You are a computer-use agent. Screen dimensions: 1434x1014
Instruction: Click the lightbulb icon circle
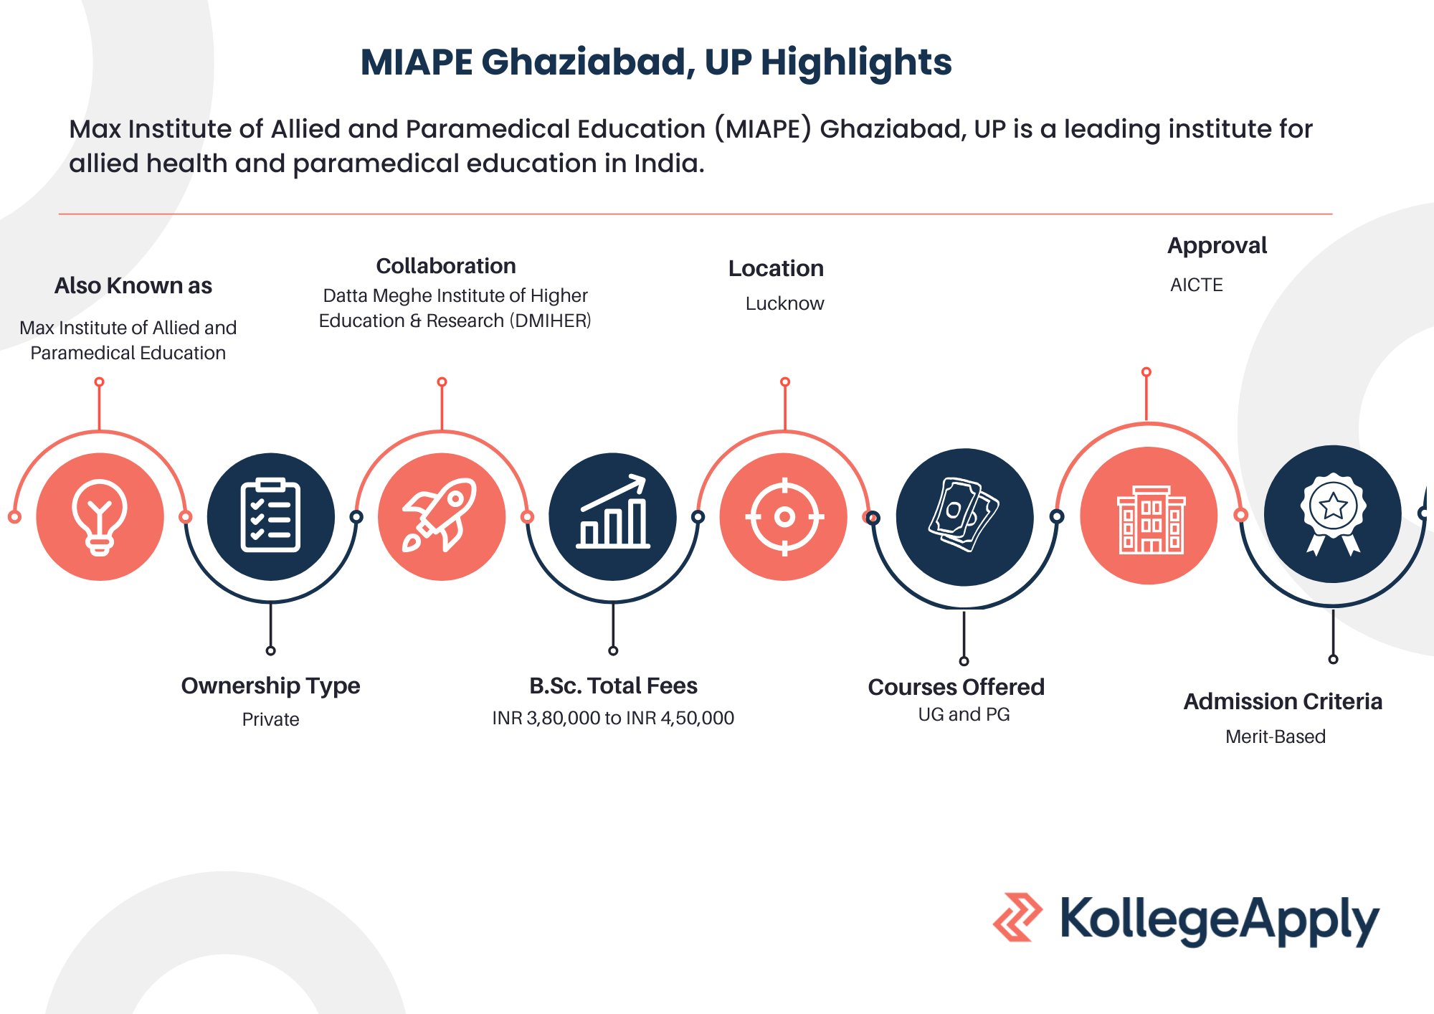(100, 516)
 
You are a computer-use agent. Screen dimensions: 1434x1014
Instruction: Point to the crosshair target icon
(784, 516)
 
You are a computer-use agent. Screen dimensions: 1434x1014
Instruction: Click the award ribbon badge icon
(1333, 514)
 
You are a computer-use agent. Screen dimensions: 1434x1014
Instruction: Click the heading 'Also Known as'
(133, 285)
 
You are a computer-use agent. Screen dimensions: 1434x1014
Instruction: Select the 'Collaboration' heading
(446, 266)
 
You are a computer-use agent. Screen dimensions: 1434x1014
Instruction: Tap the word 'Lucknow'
(784, 303)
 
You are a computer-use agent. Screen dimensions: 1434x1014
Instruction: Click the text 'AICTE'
(1197, 285)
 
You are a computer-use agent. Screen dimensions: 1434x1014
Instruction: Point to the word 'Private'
(270, 719)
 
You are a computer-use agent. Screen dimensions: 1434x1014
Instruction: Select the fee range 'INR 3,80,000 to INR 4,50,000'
(613, 718)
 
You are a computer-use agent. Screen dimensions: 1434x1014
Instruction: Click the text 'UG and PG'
(964, 714)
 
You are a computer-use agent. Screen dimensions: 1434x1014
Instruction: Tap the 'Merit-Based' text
(1276, 736)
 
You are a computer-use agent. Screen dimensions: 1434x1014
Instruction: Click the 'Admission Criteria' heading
(1283, 701)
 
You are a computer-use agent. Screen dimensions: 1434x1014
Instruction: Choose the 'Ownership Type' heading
(270, 686)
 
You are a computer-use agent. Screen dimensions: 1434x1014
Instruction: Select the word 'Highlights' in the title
(856, 62)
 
